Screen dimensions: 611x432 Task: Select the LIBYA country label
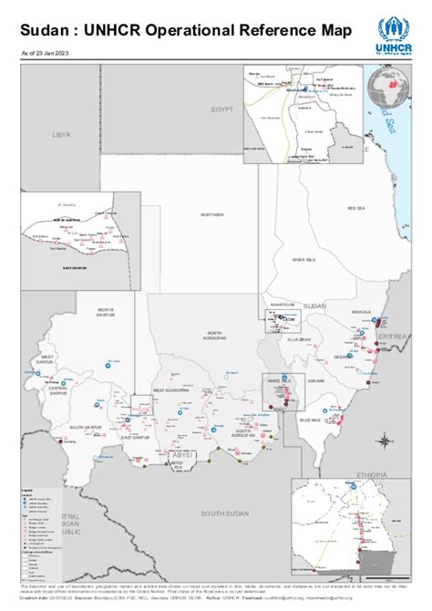coord(61,134)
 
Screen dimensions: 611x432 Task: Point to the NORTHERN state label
coord(212,214)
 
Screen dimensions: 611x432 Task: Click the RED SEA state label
coord(355,209)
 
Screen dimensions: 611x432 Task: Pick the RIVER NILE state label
coord(303,260)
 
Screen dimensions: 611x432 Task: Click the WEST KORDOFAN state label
coord(171,390)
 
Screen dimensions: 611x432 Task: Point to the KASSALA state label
coord(362,312)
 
